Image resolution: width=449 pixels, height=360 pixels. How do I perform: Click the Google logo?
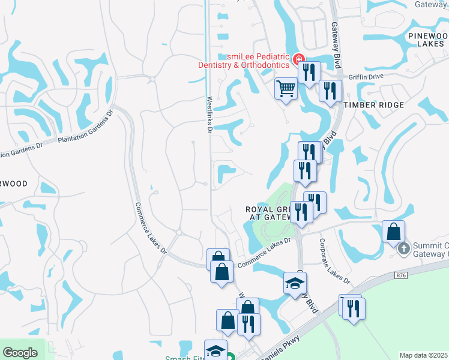coord(20,353)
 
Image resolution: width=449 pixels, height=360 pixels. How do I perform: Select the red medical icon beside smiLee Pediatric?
coord(298,58)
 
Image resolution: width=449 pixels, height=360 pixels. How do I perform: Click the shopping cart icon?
coord(286,89)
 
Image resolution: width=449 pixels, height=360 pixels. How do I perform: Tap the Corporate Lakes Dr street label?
coord(334,261)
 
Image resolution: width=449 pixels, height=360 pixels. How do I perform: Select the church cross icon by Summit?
coord(404,247)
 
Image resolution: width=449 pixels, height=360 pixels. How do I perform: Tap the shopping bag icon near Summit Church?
coord(394,232)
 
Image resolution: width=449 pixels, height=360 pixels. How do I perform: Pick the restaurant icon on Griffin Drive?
coord(330,91)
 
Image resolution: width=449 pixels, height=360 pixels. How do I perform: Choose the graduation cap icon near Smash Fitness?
coord(215,350)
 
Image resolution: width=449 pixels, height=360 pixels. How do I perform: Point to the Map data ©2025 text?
coord(423,355)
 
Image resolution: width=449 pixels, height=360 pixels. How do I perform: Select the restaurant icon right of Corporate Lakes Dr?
coord(354,308)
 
